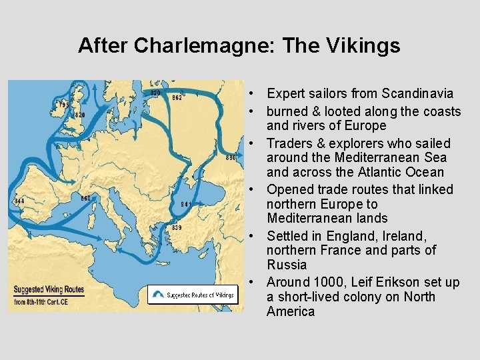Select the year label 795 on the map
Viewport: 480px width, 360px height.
click(x=64, y=105)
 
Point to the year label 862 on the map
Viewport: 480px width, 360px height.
click(x=177, y=98)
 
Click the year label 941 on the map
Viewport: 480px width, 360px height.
click(x=186, y=204)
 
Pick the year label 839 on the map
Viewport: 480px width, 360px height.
click(x=177, y=228)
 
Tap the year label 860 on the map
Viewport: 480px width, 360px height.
click(x=85, y=198)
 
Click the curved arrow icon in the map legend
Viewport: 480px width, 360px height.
click(x=157, y=294)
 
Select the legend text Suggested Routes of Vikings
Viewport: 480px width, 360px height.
click(x=200, y=295)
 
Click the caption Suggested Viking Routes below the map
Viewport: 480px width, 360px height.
click(x=47, y=290)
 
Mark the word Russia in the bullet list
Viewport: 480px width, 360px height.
click(x=287, y=265)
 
